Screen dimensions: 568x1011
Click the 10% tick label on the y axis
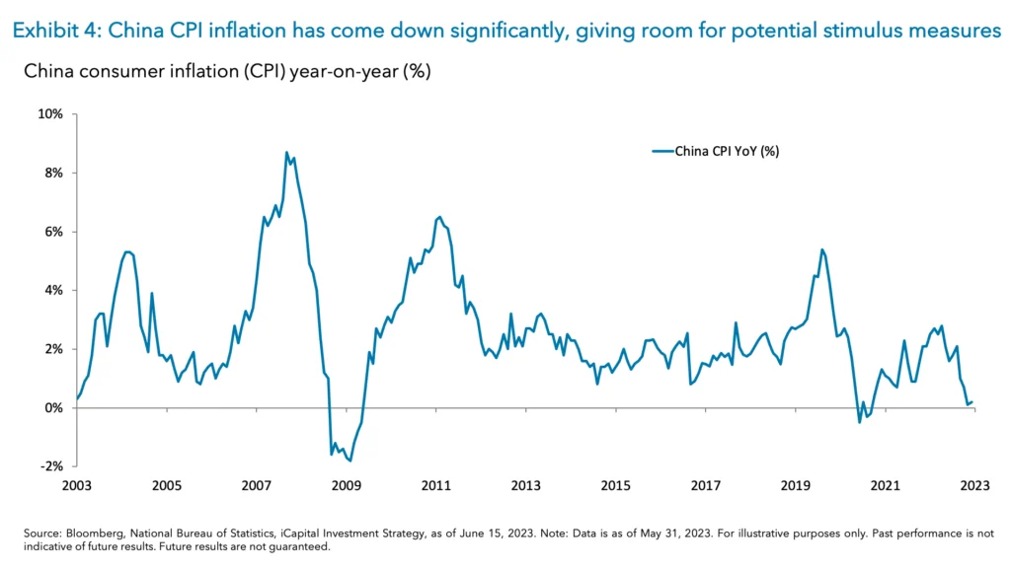click(50, 113)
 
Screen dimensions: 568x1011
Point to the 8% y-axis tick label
click(53, 173)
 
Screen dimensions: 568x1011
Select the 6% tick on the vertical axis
click(53, 232)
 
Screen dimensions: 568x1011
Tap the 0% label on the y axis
click(53, 408)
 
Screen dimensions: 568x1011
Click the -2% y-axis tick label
click(51, 466)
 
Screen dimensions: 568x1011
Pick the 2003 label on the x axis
click(77, 485)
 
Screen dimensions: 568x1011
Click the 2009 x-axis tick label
click(346, 485)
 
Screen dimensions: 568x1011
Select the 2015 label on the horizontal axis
click(615, 485)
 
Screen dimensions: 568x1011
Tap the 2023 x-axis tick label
click(973, 485)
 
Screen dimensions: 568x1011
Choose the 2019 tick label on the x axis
click(795, 485)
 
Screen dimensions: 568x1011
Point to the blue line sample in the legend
click(661, 151)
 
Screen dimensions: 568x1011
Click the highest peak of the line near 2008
click(286, 153)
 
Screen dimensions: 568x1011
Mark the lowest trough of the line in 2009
click(350, 461)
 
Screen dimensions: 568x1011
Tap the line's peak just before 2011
click(439, 217)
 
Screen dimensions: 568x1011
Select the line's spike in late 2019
click(822, 249)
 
